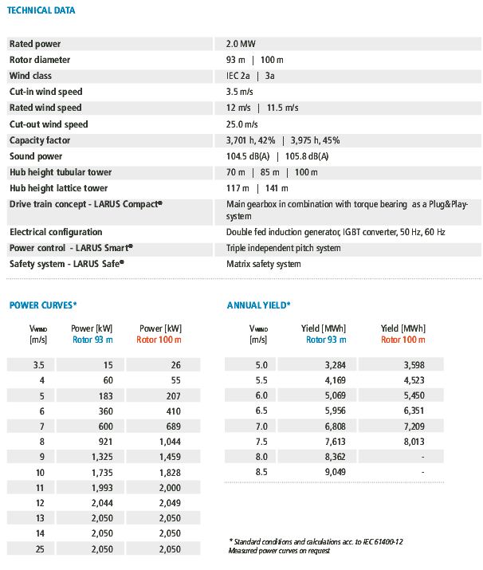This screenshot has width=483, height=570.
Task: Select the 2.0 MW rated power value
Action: (x=241, y=44)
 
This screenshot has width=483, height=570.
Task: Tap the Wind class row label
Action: (x=30, y=76)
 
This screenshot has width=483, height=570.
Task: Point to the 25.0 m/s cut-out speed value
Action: (x=242, y=124)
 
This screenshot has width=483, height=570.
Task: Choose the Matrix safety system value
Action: (x=264, y=264)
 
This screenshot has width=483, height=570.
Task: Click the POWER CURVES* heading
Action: (x=42, y=305)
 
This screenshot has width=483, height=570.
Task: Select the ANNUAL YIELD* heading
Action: (x=259, y=305)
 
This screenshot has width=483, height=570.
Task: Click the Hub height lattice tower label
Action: (x=58, y=188)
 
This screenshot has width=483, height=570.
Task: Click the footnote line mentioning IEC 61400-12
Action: (x=315, y=541)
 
